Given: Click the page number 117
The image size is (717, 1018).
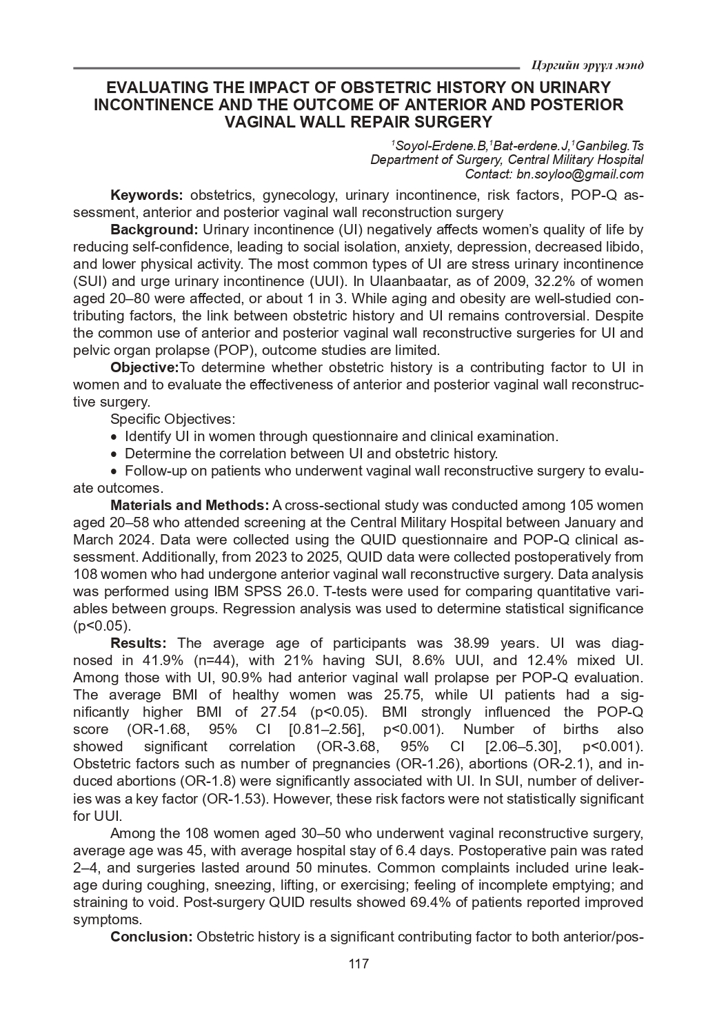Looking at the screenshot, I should [358, 964].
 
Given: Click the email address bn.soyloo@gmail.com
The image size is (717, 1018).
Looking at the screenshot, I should [580, 174].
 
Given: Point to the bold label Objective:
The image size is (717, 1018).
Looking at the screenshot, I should [145, 367].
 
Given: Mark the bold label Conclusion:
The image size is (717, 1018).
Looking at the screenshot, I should [152, 937].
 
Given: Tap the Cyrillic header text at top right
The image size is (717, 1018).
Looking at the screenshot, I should [588, 65].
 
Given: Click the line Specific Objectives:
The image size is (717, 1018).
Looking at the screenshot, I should [173, 419].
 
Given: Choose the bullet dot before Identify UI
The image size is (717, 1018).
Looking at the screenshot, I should [114, 437].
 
